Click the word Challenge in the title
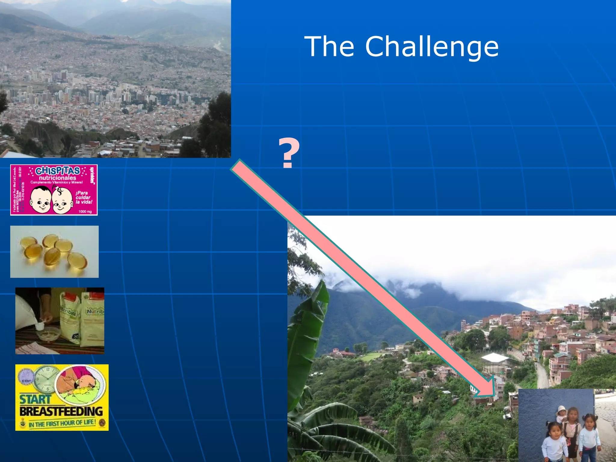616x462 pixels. tap(432, 47)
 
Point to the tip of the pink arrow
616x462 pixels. tap(493, 394)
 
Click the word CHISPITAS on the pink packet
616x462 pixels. tap(57, 171)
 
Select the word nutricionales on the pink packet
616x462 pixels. tap(57, 178)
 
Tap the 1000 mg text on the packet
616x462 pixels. tap(85, 211)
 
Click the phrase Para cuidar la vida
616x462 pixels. tap(83, 197)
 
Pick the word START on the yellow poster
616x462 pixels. tap(35, 399)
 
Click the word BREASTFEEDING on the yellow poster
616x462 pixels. tap(61, 411)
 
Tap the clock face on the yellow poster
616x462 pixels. tap(44, 380)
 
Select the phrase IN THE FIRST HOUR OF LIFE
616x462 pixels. tap(62, 423)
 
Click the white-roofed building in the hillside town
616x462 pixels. tap(494, 358)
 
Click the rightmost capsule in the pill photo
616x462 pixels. tap(78, 260)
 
